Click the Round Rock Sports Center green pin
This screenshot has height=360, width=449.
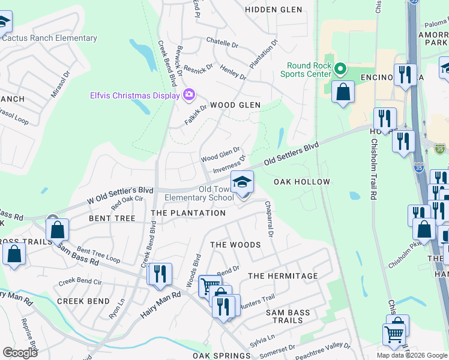(x=341, y=69)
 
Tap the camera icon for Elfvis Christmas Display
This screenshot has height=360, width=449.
(x=188, y=95)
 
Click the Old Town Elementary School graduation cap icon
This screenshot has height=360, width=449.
(x=243, y=182)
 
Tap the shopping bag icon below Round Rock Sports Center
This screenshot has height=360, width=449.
(x=343, y=92)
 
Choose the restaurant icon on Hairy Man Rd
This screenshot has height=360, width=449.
(x=159, y=274)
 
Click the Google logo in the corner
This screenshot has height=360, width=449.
(x=20, y=353)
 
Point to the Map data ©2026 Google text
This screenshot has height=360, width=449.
(x=411, y=355)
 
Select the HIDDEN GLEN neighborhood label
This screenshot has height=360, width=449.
(x=270, y=10)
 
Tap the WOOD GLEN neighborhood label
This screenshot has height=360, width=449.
(x=235, y=105)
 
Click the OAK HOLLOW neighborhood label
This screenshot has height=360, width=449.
(x=302, y=182)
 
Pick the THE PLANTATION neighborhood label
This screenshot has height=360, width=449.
(x=188, y=213)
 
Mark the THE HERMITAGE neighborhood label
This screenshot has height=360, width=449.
(x=283, y=276)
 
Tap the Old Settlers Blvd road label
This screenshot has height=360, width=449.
(x=291, y=154)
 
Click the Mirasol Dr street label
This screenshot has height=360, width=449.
(x=60, y=85)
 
